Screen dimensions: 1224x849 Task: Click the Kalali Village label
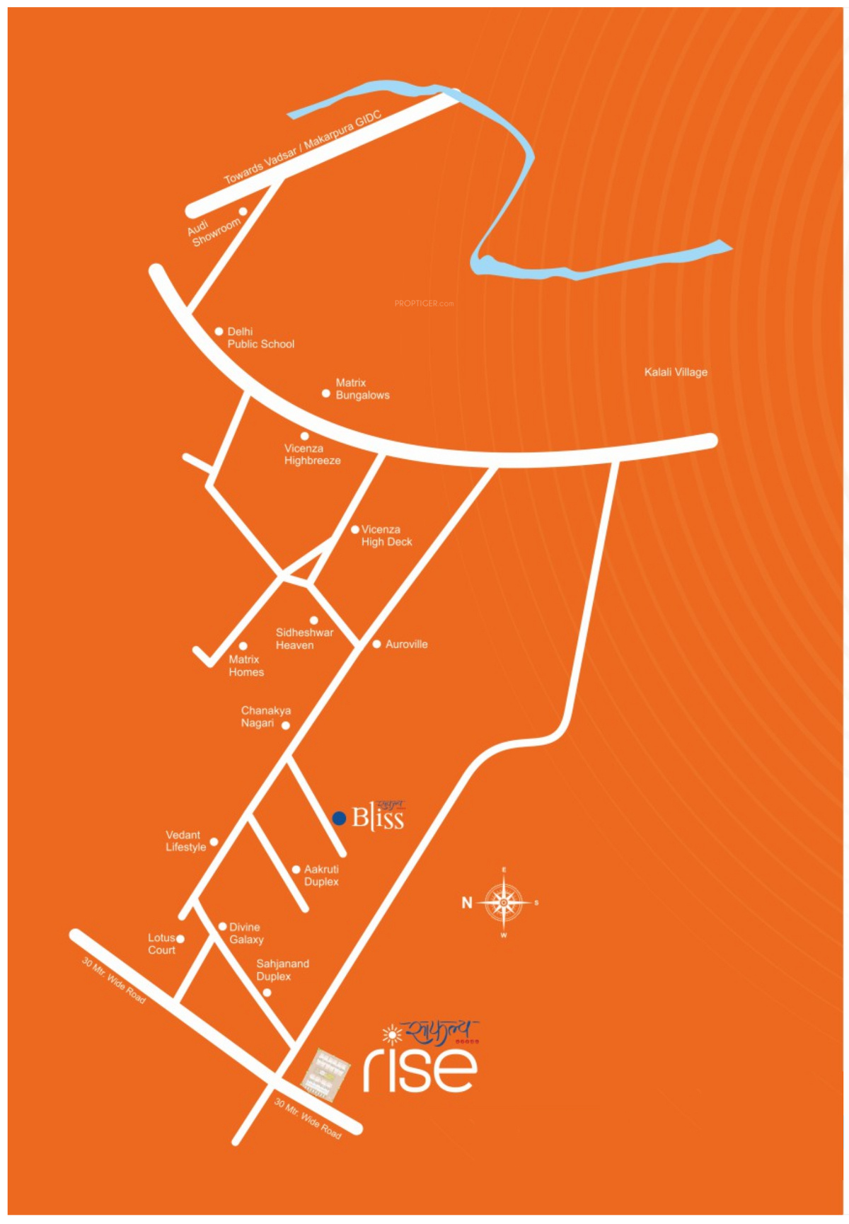676,372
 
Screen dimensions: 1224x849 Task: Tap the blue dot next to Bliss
339,818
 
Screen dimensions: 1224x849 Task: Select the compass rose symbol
503,902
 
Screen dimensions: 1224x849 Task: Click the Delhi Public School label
260,337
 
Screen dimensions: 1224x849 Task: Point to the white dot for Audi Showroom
243,212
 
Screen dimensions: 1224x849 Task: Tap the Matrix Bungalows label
362,389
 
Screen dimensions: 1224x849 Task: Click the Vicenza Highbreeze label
312,454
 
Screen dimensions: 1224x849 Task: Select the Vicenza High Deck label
386,536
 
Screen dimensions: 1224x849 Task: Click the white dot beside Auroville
377,644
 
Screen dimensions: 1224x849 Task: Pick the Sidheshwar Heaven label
304,639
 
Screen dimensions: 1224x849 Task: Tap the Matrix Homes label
246,666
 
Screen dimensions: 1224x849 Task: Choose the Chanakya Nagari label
265,716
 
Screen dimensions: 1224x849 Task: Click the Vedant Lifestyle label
185,841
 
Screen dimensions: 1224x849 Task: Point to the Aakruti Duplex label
321,875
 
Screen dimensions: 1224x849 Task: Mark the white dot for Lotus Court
180,939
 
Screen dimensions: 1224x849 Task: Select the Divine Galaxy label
246,933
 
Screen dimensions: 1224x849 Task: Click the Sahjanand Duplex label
282,969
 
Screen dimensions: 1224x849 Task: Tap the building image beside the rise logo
325,1074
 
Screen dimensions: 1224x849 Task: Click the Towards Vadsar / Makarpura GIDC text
303,147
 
